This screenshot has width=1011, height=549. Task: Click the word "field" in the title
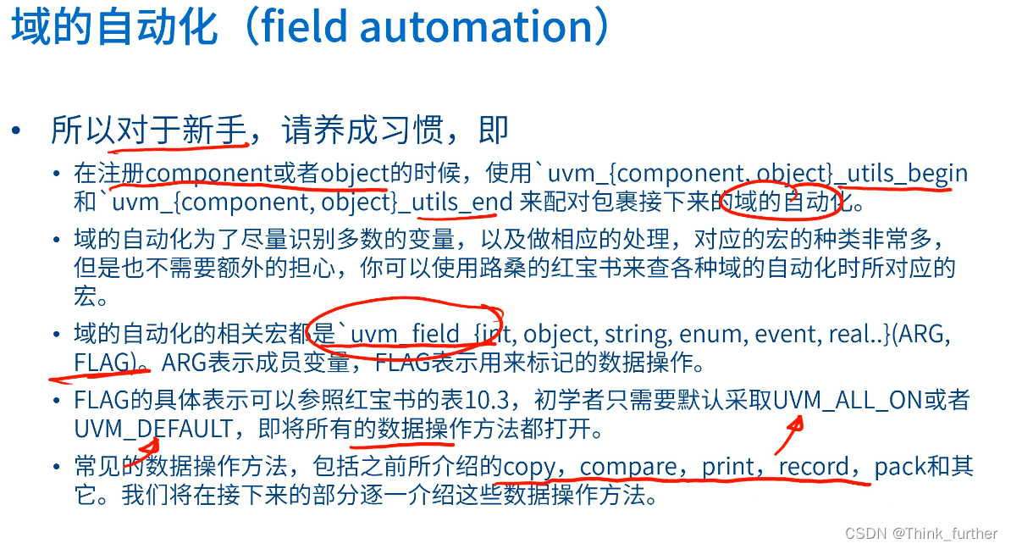coord(304,27)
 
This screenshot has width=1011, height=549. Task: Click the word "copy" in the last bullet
coord(529,467)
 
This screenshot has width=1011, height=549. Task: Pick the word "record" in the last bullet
coord(814,467)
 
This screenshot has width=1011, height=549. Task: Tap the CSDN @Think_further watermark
coord(921,533)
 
